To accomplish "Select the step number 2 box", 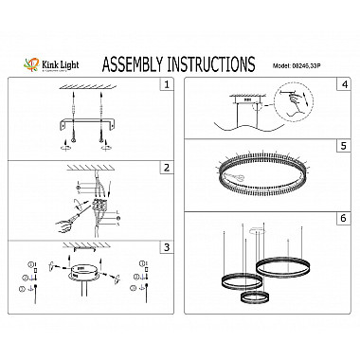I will pyautogui.click(x=168, y=168).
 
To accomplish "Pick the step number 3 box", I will pyautogui.click(x=168, y=247).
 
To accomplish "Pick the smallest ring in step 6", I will pyautogui.click(x=253, y=298).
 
